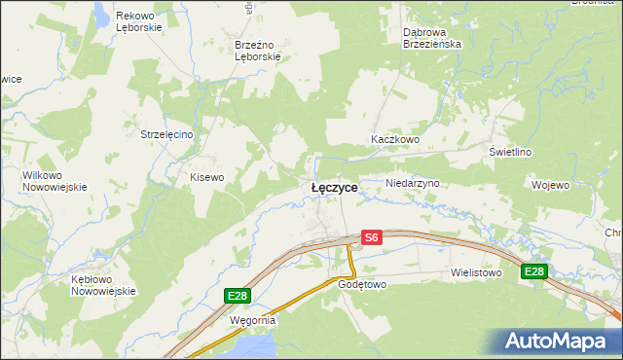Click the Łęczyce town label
click(x=334, y=187)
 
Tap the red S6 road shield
click(x=371, y=236)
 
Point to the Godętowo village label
click(x=362, y=285)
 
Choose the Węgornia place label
click(x=253, y=319)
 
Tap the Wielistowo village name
click(x=475, y=273)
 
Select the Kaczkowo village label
click(x=394, y=139)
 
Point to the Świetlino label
click(x=510, y=152)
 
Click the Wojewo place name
click(x=550, y=184)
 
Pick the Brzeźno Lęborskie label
click(x=258, y=51)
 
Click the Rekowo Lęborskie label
click(x=139, y=22)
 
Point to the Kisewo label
click(x=206, y=177)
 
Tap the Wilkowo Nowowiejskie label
click(x=55, y=181)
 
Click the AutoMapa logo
click(x=560, y=341)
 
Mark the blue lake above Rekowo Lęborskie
click(x=101, y=11)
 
